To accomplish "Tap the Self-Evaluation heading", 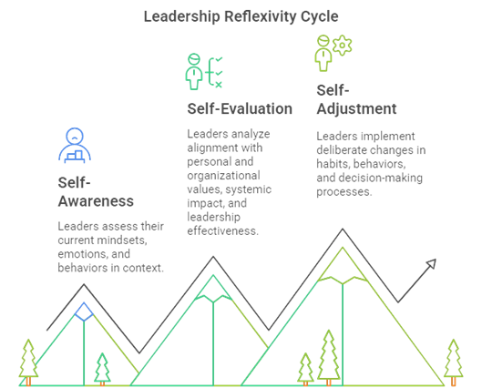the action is click(240, 108).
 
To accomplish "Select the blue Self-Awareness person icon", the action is click(75, 146).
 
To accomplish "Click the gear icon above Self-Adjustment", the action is click(342, 46).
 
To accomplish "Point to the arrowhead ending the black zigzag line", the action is click(431, 263).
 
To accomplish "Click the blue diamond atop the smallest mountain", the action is click(84, 311).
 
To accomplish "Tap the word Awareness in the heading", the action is click(96, 201).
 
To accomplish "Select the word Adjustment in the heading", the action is click(356, 109).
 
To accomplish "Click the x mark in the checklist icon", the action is click(219, 85).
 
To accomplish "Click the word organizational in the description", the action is click(224, 176).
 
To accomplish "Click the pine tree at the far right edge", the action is click(454, 362).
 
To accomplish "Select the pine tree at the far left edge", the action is click(28, 362).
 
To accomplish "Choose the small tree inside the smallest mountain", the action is click(102, 369).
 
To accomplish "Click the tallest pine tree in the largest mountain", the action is click(329, 358).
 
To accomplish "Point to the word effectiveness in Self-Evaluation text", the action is click(223, 230).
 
